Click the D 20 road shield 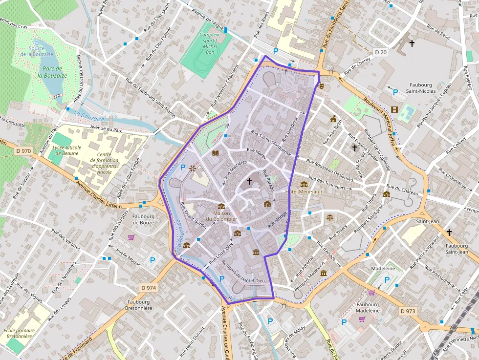point(381,52)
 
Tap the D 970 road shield point(23,151)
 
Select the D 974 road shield point(148,288)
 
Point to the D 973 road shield point(408,311)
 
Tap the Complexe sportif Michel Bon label point(210,43)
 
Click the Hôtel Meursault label point(304,192)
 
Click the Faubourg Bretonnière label point(139,305)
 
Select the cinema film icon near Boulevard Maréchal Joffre point(394,109)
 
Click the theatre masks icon point(321,85)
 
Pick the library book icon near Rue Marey point(215,153)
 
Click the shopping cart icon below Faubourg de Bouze point(131,238)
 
